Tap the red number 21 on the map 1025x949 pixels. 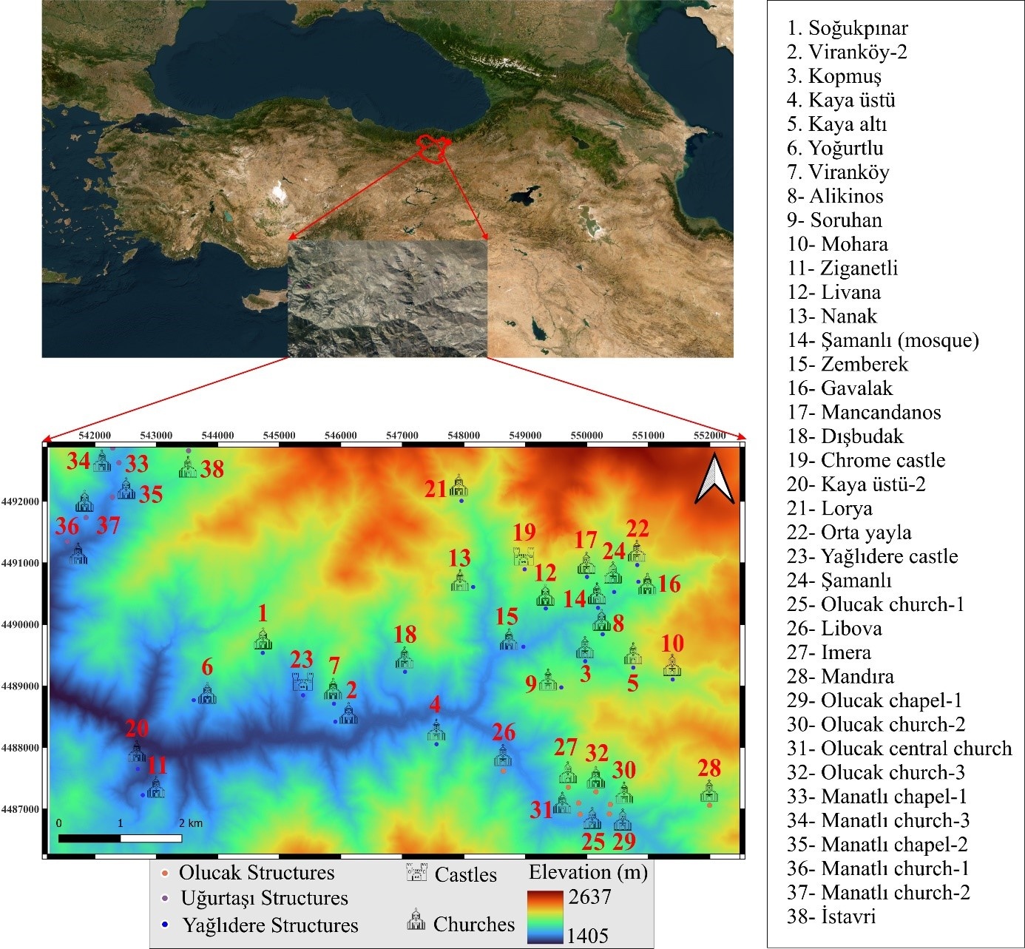[436, 489]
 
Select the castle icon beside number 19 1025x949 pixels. [524, 556]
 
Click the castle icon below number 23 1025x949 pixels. [302, 682]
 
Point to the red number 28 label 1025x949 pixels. [709, 768]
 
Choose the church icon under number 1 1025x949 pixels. [263, 640]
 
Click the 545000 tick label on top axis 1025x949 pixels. [279, 436]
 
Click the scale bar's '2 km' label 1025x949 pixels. [190, 823]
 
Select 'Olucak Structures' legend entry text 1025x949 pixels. [256, 873]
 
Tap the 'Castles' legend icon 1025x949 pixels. [417, 874]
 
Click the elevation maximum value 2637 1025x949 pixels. [589, 896]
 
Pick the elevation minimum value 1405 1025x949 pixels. [587, 935]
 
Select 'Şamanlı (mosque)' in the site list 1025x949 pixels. [899, 340]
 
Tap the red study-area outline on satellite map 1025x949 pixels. [433, 146]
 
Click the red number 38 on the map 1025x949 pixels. [212, 469]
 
